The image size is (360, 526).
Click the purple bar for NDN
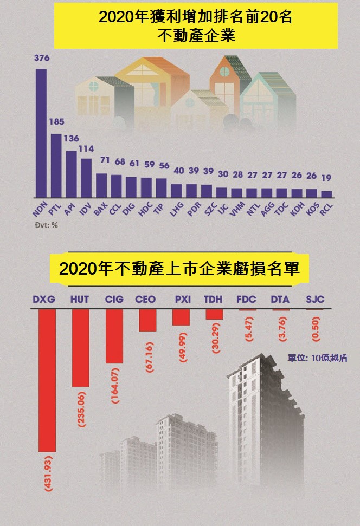click(41, 133)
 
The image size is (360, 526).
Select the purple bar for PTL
click(56, 165)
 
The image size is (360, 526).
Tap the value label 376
click(41, 58)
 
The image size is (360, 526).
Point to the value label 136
click(71, 139)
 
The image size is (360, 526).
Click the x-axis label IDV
click(85, 209)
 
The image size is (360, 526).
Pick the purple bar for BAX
click(101, 185)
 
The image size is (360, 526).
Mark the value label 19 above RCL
click(326, 178)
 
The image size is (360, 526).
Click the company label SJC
click(315, 299)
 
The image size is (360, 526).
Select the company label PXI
click(182, 299)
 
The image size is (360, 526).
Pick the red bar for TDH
click(214, 314)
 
